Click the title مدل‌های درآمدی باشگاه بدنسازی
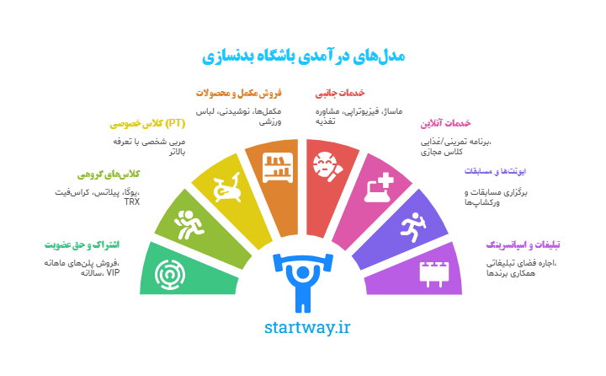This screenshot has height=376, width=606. (x=303, y=55)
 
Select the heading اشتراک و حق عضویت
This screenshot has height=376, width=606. (x=82, y=245)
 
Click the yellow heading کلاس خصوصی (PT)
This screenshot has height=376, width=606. (x=147, y=124)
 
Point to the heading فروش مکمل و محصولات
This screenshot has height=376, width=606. (x=238, y=93)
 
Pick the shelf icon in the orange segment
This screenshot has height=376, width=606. (x=275, y=166)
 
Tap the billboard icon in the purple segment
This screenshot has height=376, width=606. (x=435, y=271)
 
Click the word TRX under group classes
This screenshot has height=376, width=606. (x=132, y=202)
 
